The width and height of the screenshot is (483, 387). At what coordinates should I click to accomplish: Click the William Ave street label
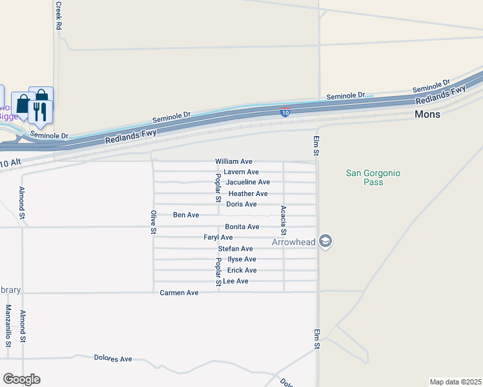click(x=234, y=161)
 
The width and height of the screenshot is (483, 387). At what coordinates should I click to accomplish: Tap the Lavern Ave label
click(x=241, y=172)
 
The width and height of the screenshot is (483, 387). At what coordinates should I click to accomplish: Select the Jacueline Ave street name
click(x=248, y=183)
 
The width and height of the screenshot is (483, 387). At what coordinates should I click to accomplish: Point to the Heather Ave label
click(x=248, y=193)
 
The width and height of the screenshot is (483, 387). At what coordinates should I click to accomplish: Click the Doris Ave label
click(x=241, y=204)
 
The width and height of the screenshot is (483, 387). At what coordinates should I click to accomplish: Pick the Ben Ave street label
click(x=186, y=215)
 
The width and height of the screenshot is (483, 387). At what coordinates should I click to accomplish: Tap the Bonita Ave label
click(x=242, y=227)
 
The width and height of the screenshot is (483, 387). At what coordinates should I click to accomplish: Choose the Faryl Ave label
click(x=218, y=237)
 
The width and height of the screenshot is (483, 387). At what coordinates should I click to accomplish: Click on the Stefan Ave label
click(x=236, y=249)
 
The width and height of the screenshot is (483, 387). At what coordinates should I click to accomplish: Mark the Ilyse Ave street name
click(x=242, y=259)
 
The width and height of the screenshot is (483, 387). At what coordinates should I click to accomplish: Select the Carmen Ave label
click(x=180, y=293)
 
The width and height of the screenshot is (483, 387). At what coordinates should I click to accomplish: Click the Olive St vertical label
click(x=154, y=221)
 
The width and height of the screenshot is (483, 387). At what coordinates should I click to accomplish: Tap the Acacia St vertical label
click(x=283, y=220)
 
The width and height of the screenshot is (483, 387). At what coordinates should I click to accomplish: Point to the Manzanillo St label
click(x=9, y=326)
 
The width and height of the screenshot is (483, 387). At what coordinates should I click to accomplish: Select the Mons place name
click(x=427, y=114)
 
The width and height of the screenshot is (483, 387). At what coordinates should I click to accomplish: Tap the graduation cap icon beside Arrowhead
click(x=326, y=241)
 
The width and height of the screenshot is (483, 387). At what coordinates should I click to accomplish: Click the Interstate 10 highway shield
click(x=285, y=113)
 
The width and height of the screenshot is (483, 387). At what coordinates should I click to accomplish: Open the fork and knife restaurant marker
click(x=40, y=110)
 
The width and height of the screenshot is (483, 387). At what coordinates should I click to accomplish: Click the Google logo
click(x=21, y=379)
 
